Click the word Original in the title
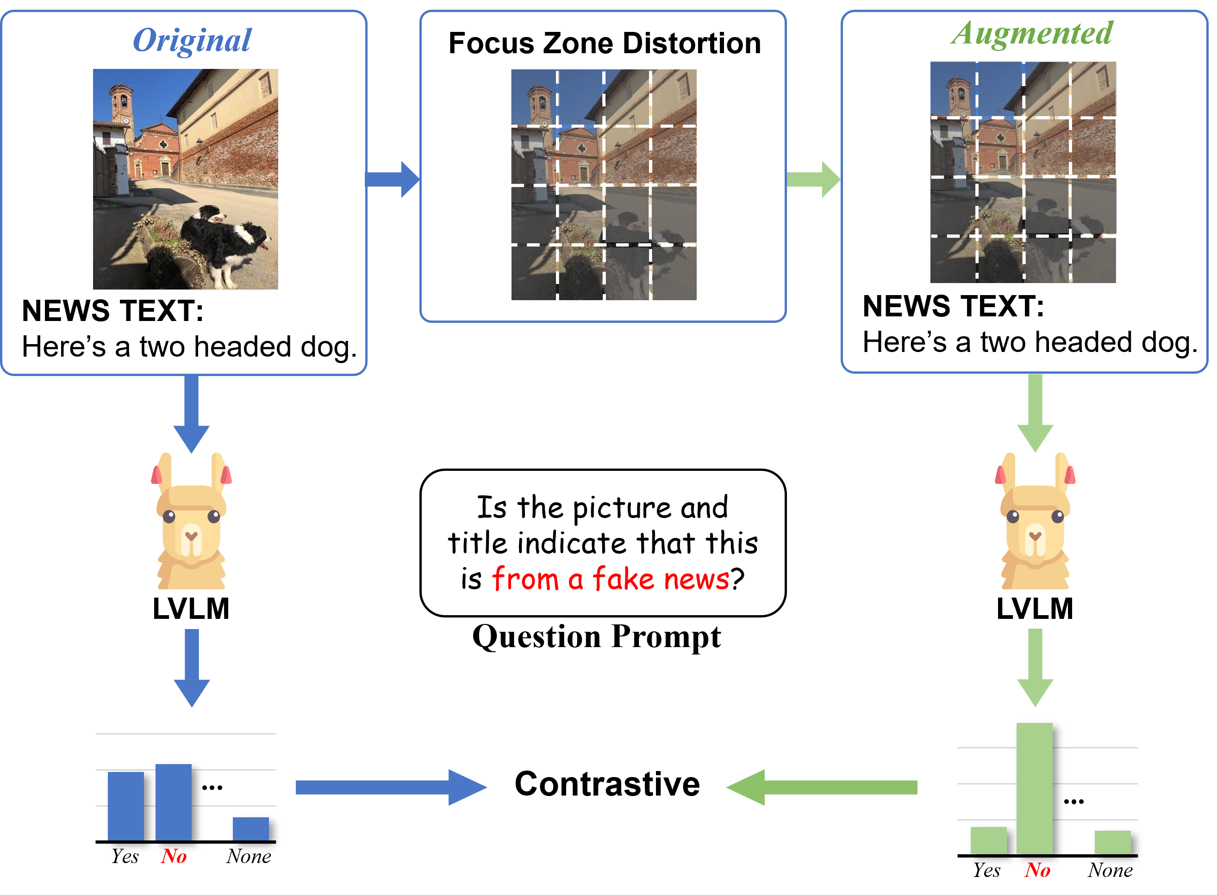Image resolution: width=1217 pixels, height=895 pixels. pos(192,40)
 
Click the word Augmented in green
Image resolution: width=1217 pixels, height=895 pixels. pos(1032,34)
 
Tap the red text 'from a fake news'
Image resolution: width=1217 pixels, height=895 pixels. pos(611,578)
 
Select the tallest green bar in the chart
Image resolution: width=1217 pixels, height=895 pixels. pos(1034,788)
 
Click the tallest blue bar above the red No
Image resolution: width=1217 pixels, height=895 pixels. pos(174,802)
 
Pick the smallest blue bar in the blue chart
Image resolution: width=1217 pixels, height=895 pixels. pos(250,828)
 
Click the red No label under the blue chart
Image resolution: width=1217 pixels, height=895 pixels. pos(174,857)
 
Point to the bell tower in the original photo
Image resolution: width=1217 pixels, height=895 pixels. pos(121,105)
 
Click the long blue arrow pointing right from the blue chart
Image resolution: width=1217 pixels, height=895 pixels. pos(390,787)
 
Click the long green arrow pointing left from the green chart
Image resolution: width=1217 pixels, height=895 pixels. pos(822,787)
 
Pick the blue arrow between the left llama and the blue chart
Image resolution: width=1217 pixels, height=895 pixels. pos(191,667)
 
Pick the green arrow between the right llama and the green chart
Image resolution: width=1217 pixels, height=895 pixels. pos(1035,667)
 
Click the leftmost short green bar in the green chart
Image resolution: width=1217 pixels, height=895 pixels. pos(988,840)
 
